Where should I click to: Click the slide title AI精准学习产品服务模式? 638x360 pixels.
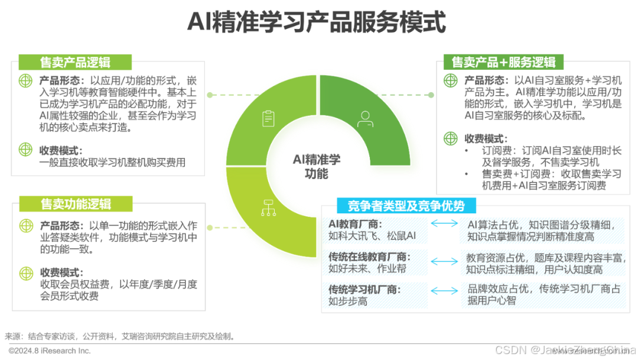pyautogui.click(x=317, y=22)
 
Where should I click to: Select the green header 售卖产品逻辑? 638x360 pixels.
pyautogui.click(x=75, y=62)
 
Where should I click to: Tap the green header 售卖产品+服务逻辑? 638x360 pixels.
pyautogui.click(x=503, y=62)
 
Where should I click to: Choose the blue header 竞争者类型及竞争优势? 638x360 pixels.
pyautogui.click(x=406, y=206)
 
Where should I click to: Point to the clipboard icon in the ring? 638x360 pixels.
pyautogui.click(x=268, y=118)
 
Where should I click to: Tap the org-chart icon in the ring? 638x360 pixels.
pyautogui.click(x=268, y=207)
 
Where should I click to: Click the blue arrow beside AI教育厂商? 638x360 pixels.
pyautogui.click(x=444, y=223)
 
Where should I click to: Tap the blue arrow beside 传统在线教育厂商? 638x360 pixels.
pyautogui.click(x=444, y=261)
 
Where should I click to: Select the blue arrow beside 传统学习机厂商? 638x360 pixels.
pyautogui.click(x=444, y=290)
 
